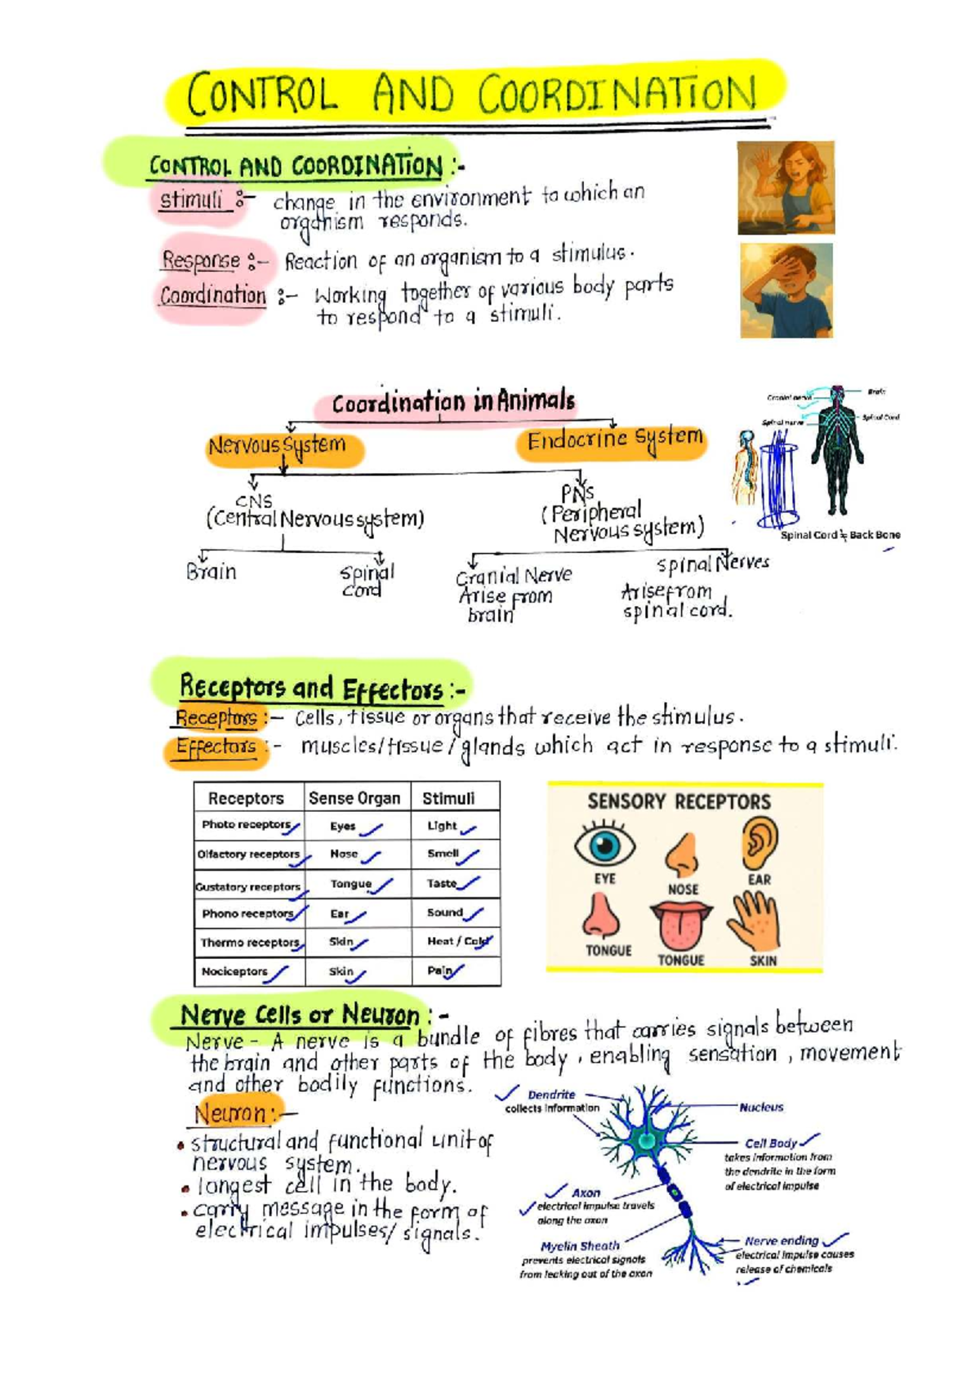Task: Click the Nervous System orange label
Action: pyautogui.click(x=278, y=447)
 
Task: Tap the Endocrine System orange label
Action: pyautogui.click(x=613, y=441)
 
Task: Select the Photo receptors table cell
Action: pyautogui.click(x=248, y=825)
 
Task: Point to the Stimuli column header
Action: pyautogui.click(x=448, y=798)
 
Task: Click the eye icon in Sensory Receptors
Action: pyautogui.click(x=604, y=845)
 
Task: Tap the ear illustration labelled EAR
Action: pyautogui.click(x=759, y=844)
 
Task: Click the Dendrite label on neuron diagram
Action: pyautogui.click(x=551, y=1095)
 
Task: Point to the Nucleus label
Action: pyautogui.click(x=761, y=1108)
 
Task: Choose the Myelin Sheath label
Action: pyautogui.click(x=580, y=1247)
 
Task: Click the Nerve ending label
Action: pyautogui.click(x=781, y=1241)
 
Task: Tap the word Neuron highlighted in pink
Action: pyautogui.click(x=231, y=1113)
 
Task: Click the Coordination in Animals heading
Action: pyautogui.click(x=453, y=403)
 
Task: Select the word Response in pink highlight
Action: pyautogui.click(x=201, y=261)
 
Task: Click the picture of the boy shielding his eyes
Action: pyautogui.click(x=786, y=290)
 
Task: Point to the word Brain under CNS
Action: pyautogui.click(x=212, y=572)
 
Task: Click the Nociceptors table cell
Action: pyautogui.click(x=235, y=972)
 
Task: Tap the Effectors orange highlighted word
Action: pyautogui.click(x=216, y=747)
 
